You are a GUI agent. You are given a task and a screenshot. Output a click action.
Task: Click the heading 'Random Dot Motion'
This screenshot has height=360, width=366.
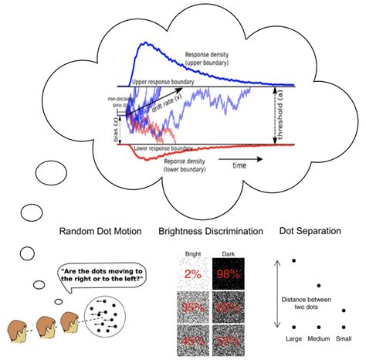94,231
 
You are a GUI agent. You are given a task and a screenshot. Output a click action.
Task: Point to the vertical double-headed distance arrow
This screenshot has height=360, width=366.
276,297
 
